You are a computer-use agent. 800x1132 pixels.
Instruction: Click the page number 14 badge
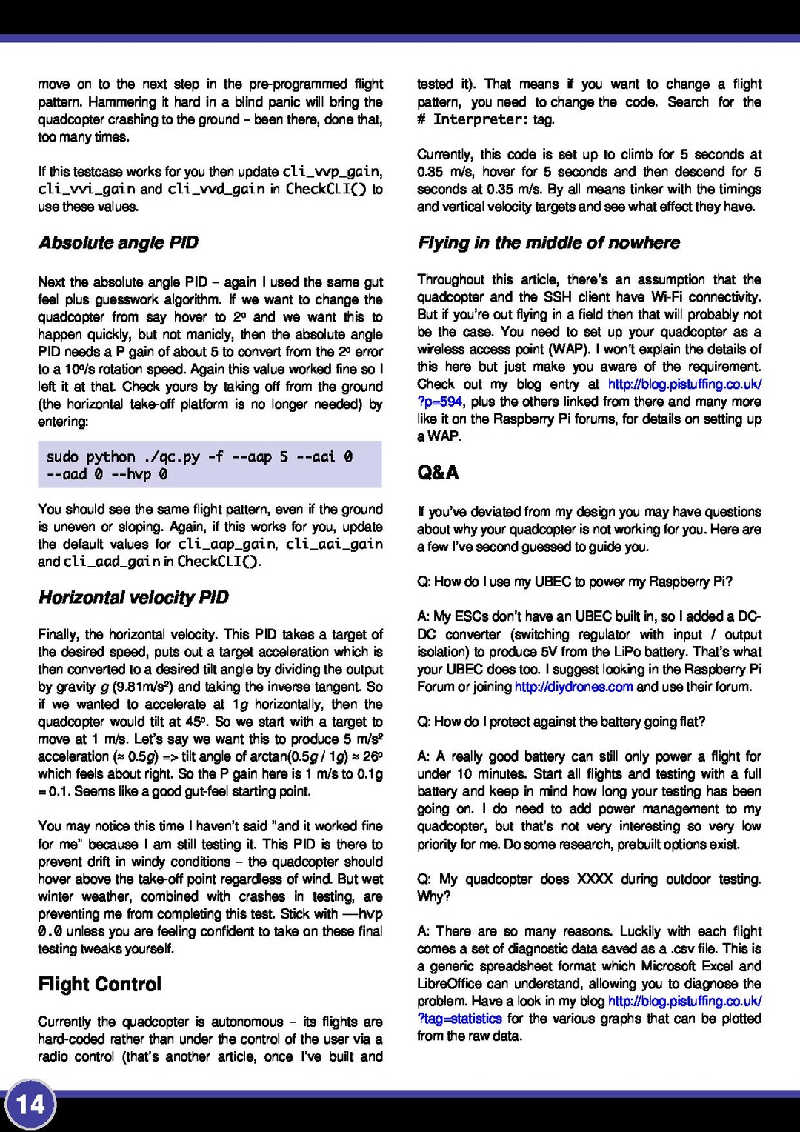(x=30, y=1105)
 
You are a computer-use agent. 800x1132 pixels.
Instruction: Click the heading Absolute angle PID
(x=119, y=243)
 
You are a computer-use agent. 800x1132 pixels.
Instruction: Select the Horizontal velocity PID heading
(x=133, y=598)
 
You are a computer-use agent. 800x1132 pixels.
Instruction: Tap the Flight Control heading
(x=99, y=985)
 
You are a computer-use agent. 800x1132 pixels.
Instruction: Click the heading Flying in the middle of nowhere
(x=548, y=243)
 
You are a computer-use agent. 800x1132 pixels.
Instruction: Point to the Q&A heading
(x=438, y=473)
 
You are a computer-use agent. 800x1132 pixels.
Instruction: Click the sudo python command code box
(x=210, y=465)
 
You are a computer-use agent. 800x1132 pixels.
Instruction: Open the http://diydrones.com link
(x=573, y=687)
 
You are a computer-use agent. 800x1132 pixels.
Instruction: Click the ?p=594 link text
(x=440, y=402)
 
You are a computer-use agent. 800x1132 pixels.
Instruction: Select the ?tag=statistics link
(x=459, y=1019)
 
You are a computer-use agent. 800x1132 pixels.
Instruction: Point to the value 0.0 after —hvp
(x=50, y=931)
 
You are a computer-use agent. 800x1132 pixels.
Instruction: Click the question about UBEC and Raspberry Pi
(x=574, y=582)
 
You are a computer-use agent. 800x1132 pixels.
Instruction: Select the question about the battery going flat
(x=561, y=722)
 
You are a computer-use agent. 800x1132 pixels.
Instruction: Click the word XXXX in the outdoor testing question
(x=594, y=879)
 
